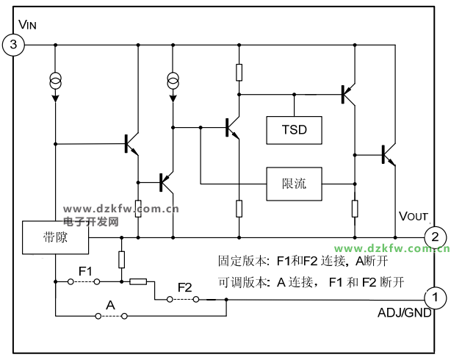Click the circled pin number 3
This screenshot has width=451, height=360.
tap(14, 46)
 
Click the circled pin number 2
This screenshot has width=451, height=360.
tap(435, 237)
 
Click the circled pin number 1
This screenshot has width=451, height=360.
tap(435, 298)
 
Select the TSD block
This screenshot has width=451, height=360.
tap(293, 130)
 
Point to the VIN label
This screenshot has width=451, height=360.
tap(27, 25)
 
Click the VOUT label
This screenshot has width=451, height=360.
tap(413, 216)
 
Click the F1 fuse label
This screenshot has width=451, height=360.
tap(85, 272)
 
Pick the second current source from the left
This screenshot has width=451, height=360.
tap(173, 80)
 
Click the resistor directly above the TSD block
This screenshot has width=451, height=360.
tap(239, 71)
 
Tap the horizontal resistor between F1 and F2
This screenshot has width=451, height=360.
tap(138, 281)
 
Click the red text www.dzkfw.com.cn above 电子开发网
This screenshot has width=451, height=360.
tap(122, 209)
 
